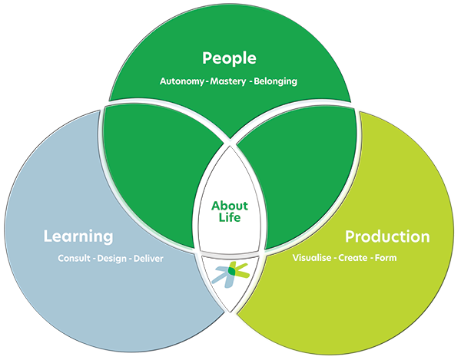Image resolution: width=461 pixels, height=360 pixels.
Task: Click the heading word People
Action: coord(229,58)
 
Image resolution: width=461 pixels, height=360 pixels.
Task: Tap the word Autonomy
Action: coord(181,81)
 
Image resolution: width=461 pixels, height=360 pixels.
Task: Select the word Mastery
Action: coord(228,81)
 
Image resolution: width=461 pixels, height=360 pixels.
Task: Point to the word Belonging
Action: coord(276,81)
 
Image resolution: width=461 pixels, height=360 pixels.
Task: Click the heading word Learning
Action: coord(78,236)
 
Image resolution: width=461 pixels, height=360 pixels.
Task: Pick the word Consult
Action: coord(74,259)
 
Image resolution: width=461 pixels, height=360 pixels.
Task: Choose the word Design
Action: coord(111,259)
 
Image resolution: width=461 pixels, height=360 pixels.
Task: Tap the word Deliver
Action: coord(148,259)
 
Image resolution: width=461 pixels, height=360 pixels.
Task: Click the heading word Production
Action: coord(387,236)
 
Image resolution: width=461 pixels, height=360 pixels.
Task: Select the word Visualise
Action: coord(312,258)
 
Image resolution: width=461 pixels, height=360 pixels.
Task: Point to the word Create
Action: coord(353,258)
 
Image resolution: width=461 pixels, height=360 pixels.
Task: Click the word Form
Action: coord(386,258)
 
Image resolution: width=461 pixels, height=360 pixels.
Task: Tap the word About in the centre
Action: coord(230,206)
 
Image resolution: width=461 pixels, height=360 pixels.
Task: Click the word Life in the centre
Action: coord(230,217)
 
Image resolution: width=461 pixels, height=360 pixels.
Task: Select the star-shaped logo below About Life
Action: coord(230,274)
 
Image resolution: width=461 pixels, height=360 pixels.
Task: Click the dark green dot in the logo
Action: coord(232,271)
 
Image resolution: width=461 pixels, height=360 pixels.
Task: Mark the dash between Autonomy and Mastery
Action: coord(207,81)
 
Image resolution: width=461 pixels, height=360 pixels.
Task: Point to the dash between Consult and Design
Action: coord(94,259)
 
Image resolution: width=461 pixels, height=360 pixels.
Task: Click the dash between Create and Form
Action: coord(371,259)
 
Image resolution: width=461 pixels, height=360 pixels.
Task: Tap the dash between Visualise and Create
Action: coord(335,259)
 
